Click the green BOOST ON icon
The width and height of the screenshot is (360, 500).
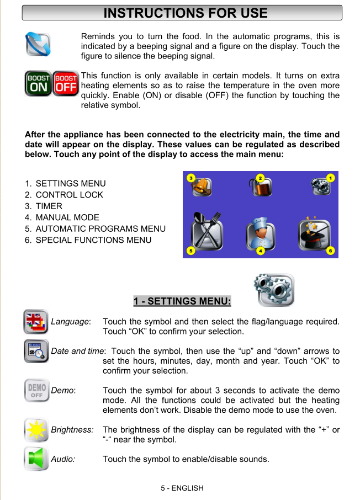[39, 83]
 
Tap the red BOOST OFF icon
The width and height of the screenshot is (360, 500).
[66, 83]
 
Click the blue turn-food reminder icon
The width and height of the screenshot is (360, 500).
[38, 44]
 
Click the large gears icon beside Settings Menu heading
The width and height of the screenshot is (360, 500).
[273, 290]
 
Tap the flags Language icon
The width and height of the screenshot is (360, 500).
[36, 322]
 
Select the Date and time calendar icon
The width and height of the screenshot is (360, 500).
[36, 352]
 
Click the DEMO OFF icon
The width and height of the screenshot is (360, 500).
[36, 391]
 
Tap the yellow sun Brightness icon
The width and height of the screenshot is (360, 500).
[36, 430]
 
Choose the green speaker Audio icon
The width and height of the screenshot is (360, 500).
[36, 459]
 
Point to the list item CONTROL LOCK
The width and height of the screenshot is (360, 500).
[69, 195]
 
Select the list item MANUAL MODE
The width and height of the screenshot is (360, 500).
[67, 217]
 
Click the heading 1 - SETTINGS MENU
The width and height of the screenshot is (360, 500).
[182, 301]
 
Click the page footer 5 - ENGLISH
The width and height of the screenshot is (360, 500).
[182, 488]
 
